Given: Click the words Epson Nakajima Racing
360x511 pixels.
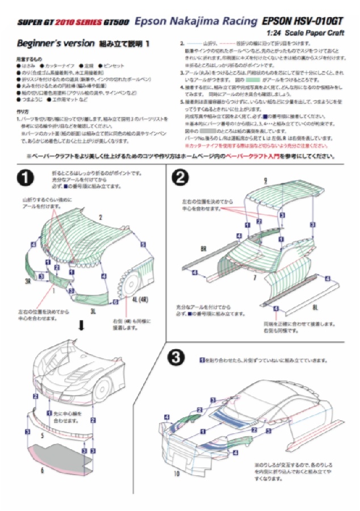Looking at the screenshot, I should pyautogui.click(x=196, y=22).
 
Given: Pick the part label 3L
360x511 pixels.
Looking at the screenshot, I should pyautogui.click(x=93, y=311).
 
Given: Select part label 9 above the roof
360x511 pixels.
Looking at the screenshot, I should pyautogui.click(x=265, y=181).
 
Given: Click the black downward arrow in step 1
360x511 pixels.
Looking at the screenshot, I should pyautogui.click(x=81, y=325).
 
